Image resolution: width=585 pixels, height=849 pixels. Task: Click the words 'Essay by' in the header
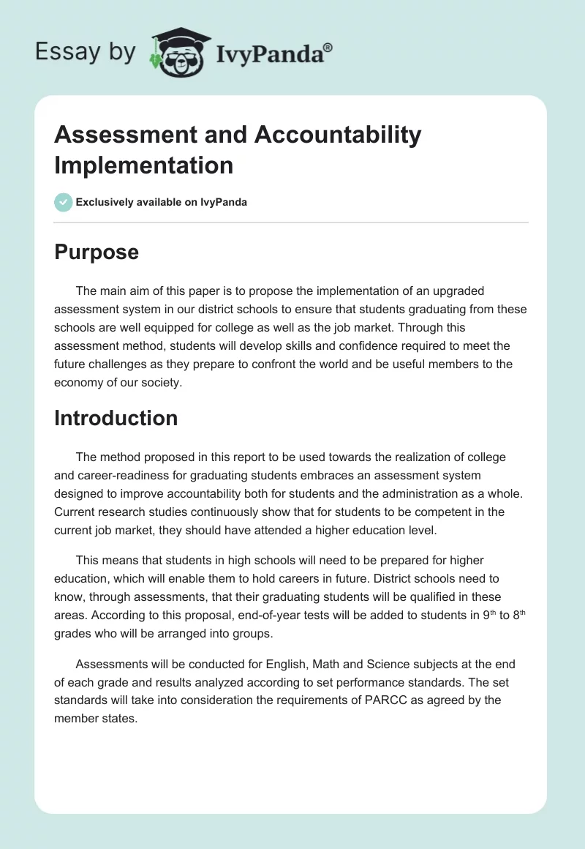click(85, 52)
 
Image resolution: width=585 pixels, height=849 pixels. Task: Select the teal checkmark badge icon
click(64, 202)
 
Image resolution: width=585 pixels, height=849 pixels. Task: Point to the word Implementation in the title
click(143, 165)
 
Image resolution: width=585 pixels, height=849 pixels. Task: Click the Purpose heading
click(97, 252)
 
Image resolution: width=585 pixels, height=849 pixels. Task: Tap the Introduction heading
click(116, 418)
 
